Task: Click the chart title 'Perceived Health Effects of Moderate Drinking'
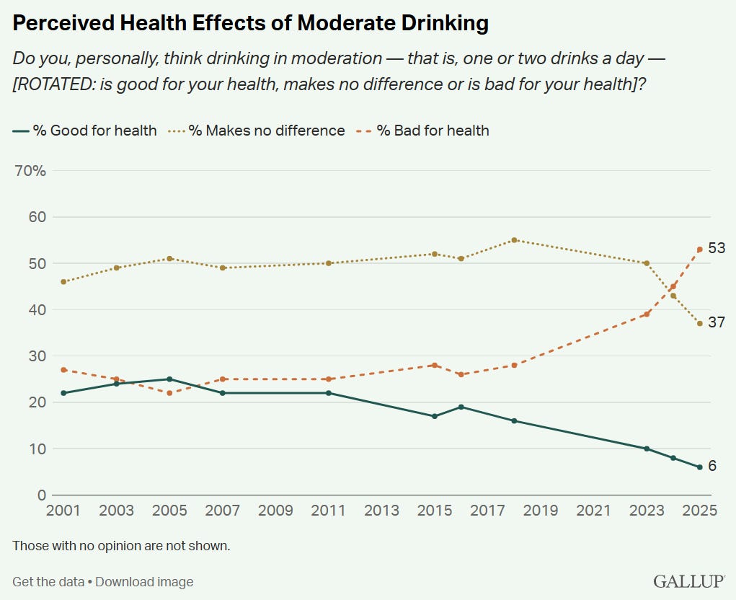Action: tap(251, 24)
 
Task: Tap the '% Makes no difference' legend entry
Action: tap(258, 131)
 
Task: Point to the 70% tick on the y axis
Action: tap(30, 171)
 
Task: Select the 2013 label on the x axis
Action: tap(381, 511)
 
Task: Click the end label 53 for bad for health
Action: tap(716, 249)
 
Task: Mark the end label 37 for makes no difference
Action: tap(716, 322)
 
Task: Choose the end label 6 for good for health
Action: tap(712, 466)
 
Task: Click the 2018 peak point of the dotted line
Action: tap(514, 240)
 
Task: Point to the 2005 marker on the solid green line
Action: tap(169, 379)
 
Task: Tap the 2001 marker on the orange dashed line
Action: tap(64, 370)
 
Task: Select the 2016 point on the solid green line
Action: tap(461, 407)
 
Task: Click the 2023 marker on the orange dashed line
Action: tap(647, 314)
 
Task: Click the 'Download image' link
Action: tap(144, 581)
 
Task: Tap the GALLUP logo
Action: tap(688, 581)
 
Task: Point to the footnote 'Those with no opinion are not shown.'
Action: tap(121, 545)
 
